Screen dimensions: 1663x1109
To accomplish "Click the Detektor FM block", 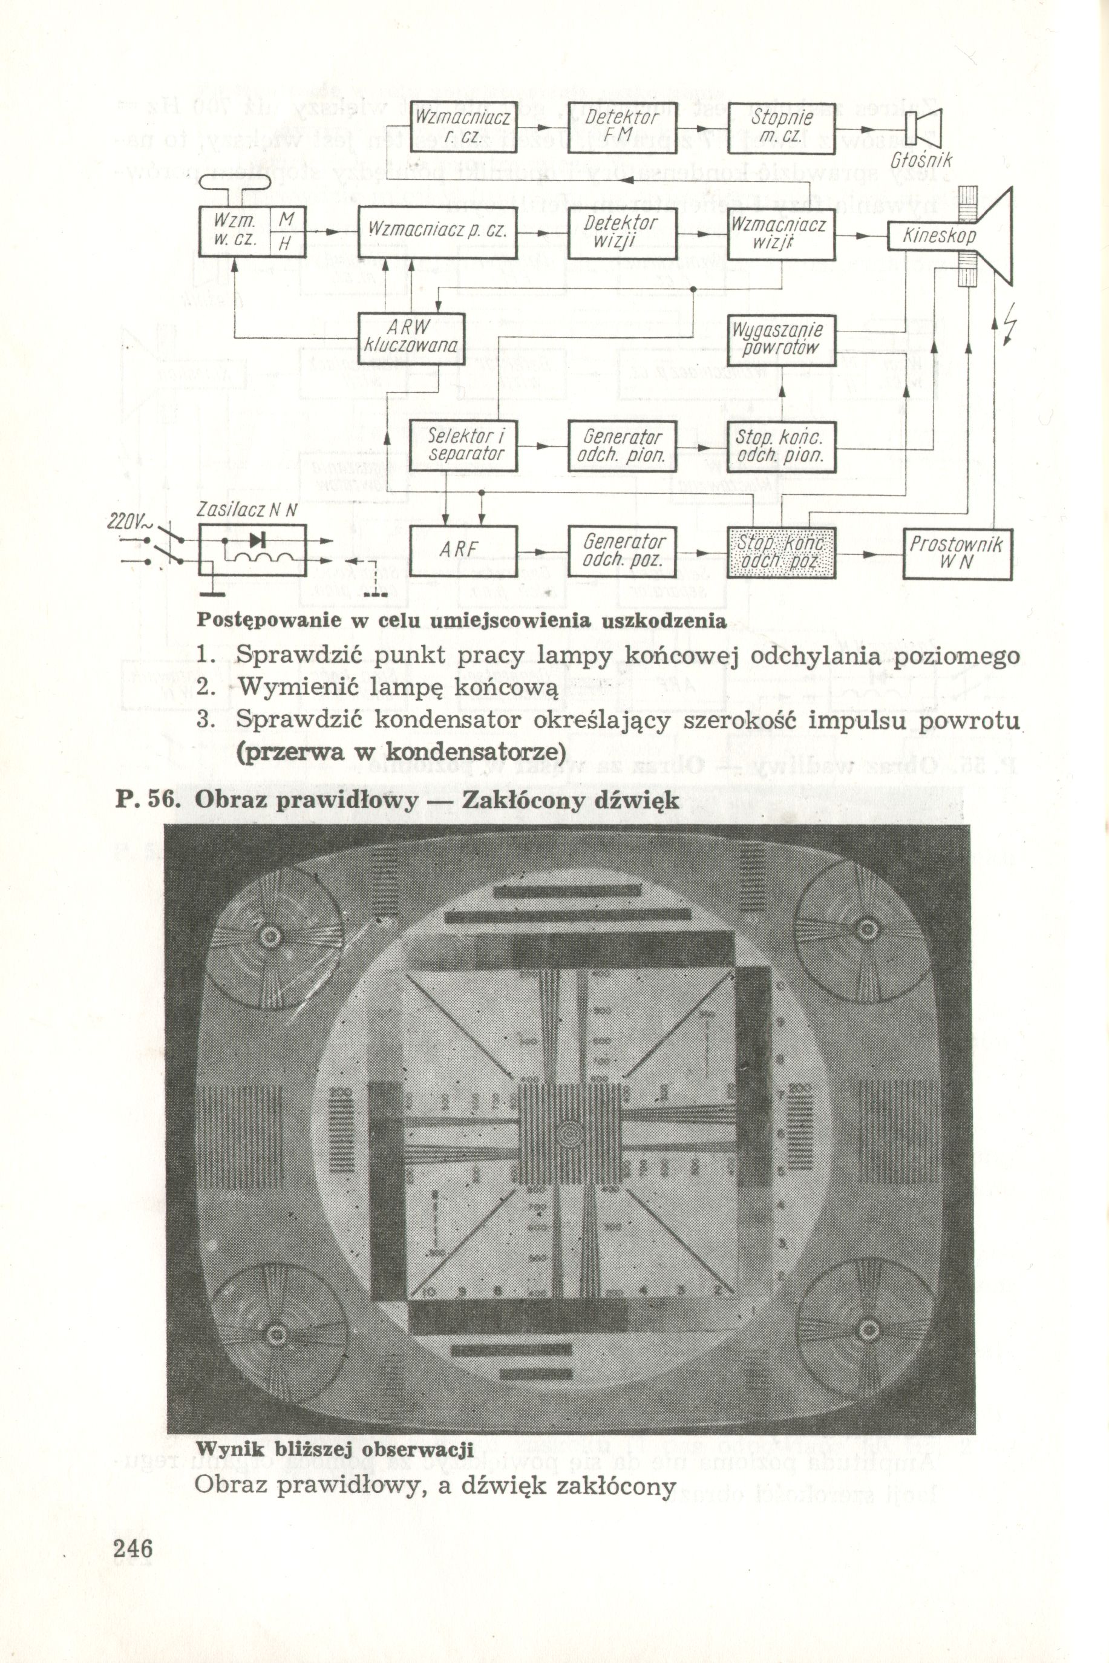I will pyautogui.click(x=623, y=127).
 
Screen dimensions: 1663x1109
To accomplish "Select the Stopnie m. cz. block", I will pyautogui.click(x=781, y=127).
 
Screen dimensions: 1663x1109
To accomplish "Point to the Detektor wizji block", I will pyautogui.click(x=623, y=233).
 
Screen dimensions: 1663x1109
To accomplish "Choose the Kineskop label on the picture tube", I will pyautogui.click(x=938, y=235).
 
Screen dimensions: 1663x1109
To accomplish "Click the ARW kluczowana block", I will pyautogui.click(x=411, y=338).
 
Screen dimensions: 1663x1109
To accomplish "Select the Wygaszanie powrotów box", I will pyautogui.click(x=781, y=339).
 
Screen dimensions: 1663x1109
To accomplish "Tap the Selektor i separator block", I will pyautogui.click(x=463, y=445).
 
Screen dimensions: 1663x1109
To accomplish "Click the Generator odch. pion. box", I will pyautogui.click(x=623, y=445).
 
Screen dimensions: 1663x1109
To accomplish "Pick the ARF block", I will pyautogui.click(x=463, y=552).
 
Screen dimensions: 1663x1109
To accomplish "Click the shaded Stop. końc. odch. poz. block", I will pyautogui.click(x=781, y=553).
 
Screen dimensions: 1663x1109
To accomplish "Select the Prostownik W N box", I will pyautogui.click(x=958, y=553).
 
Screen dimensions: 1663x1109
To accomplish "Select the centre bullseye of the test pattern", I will pyautogui.click(x=570, y=1134).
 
